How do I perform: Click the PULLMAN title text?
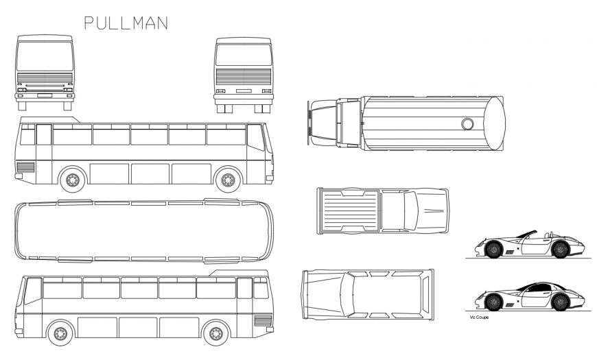coord(126,23)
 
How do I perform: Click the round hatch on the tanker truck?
coord(467,123)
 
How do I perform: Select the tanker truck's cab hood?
coord(320,123)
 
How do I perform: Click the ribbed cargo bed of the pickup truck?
coord(351,211)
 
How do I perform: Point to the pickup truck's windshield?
coord(410,211)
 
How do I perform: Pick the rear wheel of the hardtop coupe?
coord(560,301)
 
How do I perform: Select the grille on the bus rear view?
coord(243,77)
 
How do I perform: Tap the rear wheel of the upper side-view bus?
coord(72,180)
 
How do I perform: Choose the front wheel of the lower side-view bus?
coord(60,334)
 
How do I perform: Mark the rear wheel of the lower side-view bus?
coord(216,334)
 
